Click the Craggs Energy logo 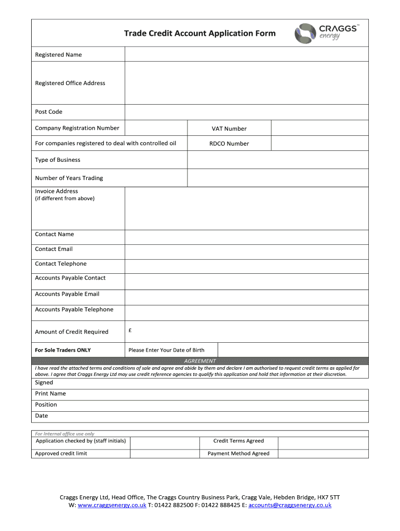[326, 32]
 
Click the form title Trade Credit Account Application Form [199, 34]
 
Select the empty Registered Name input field [246, 54]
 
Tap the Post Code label [48, 111]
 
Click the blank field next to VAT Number [319, 128]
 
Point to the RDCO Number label [229, 144]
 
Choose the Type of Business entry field [277, 160]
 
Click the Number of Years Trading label [69, 178]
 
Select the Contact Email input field [246, 249]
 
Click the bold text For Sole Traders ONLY [62, 350]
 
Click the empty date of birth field [293, 350]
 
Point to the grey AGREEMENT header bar [200, 361]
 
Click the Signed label [44, 382]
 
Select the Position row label [46, 404]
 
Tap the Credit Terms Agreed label [238, 441]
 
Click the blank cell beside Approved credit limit [165, 453]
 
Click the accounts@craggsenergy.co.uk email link [290, 505]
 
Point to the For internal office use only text [65, 434]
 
